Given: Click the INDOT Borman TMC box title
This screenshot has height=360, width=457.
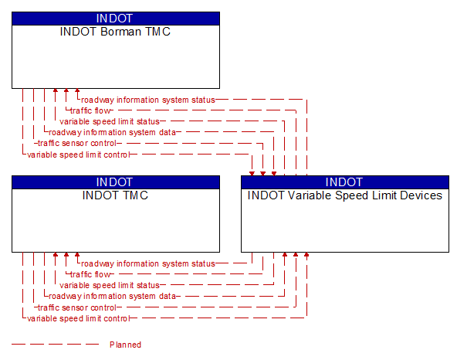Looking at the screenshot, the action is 115,32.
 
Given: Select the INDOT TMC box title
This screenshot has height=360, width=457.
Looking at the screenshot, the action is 115,195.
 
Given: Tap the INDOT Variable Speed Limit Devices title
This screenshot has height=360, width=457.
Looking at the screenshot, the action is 345,195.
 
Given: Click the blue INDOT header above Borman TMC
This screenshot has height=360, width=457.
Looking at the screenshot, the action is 116,19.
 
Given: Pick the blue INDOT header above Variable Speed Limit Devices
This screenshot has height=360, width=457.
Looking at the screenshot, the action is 345,182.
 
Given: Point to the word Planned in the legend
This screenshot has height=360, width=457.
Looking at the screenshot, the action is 125,345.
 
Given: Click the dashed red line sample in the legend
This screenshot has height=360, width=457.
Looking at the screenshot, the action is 55,345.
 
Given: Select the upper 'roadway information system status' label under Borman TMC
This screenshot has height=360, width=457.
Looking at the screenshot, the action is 148,100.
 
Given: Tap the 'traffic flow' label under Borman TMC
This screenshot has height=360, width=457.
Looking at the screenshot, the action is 90,110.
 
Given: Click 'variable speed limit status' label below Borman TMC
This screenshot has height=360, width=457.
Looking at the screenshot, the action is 110,121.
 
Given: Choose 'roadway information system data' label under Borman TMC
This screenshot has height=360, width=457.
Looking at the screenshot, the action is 112,132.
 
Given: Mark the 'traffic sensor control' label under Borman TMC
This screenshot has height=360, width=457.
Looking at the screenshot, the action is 77,143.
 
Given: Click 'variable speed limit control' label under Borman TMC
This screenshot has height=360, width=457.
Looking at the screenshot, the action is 78,155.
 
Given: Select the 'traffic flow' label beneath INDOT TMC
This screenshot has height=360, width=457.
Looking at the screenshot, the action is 90,274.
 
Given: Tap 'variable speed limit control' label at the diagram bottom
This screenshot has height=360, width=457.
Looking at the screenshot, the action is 78,318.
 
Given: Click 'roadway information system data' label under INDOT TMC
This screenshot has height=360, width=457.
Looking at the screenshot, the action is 112,296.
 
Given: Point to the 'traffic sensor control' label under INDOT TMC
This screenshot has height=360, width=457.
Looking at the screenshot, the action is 77,307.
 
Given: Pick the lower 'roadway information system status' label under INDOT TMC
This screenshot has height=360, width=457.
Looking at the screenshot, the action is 148,263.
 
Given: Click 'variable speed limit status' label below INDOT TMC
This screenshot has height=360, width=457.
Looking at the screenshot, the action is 110,285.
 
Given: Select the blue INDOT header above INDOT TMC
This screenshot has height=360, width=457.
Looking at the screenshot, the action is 116,182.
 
